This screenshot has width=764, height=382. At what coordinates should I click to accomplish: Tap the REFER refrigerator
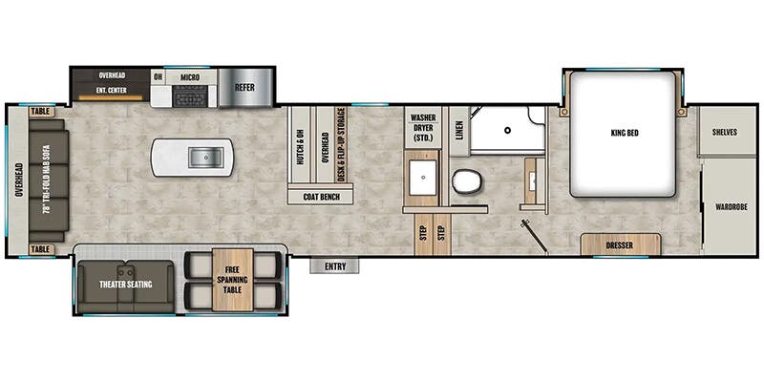pyautogui.click(x=245, y=87)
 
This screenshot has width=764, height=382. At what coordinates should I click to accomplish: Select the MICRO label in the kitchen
pyautogui.click(x=188, y=75)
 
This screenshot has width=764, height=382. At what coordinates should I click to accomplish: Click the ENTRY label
pyautogui.click(x=334, y=266)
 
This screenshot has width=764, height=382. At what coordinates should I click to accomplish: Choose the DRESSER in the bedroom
pyautogui.click(x=619, y=245)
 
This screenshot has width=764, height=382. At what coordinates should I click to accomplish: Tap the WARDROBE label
pyautogui.click(x=730, y=206)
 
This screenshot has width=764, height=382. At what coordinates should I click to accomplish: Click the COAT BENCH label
pyautogui.click(x=321, y=197)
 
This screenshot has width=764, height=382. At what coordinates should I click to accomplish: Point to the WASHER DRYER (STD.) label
pyautogui.click(x=423, y=129)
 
